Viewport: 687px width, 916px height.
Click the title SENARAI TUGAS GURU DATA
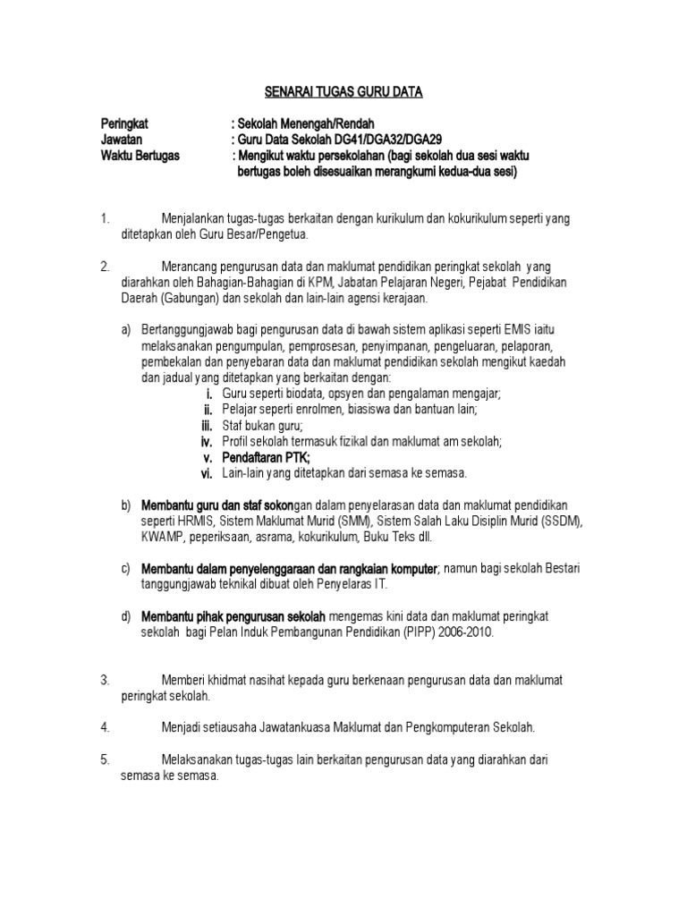click(x=343, y=91)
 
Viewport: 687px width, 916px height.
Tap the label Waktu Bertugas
click(x=140, y=156)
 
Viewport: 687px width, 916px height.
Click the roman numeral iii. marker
click(x=206, y=426)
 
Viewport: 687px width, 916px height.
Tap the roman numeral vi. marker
click(x=206, y=473)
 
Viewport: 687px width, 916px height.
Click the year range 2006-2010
click(x=462, y=632)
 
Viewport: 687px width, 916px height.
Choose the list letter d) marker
click(x=126, y=616)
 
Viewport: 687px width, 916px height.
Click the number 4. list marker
click(x=105, y=727)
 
